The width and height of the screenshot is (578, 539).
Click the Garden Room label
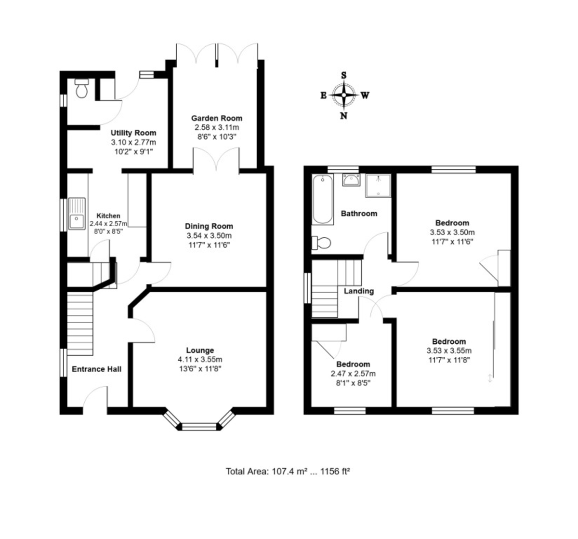click(x=217, y=118)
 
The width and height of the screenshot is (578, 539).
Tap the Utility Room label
click(x=133, y=133)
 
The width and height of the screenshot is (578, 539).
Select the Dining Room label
click(x=209, y=226)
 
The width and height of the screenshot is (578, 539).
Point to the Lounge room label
click(x=200, y=350)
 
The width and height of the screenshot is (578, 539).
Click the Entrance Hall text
click(x=97, y=369)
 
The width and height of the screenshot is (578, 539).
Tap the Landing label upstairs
click(x=359, y=291)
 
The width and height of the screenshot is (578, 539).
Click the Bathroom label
click(x=359, y=214)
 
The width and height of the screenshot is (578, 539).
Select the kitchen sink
click(x=77, y=214)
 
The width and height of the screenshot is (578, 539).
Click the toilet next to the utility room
click(x=81, y=88)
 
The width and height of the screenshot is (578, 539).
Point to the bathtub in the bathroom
click(x=322, y=200)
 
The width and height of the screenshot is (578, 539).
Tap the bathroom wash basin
click(x=351, y=180)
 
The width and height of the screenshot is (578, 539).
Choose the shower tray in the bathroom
click(x=378, y=186)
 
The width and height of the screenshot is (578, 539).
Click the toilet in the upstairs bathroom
click(x=321, y=243)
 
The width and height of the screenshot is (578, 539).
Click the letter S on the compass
click(x=344, y=76)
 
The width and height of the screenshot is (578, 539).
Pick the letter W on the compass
click(x=365, y=95)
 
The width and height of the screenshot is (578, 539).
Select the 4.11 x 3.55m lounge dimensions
click(x=200, y=360)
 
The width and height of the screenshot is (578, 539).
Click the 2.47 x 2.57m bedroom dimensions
click(x=353, y=374)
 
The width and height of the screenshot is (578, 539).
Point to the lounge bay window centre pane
click(x=199, y=427)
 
